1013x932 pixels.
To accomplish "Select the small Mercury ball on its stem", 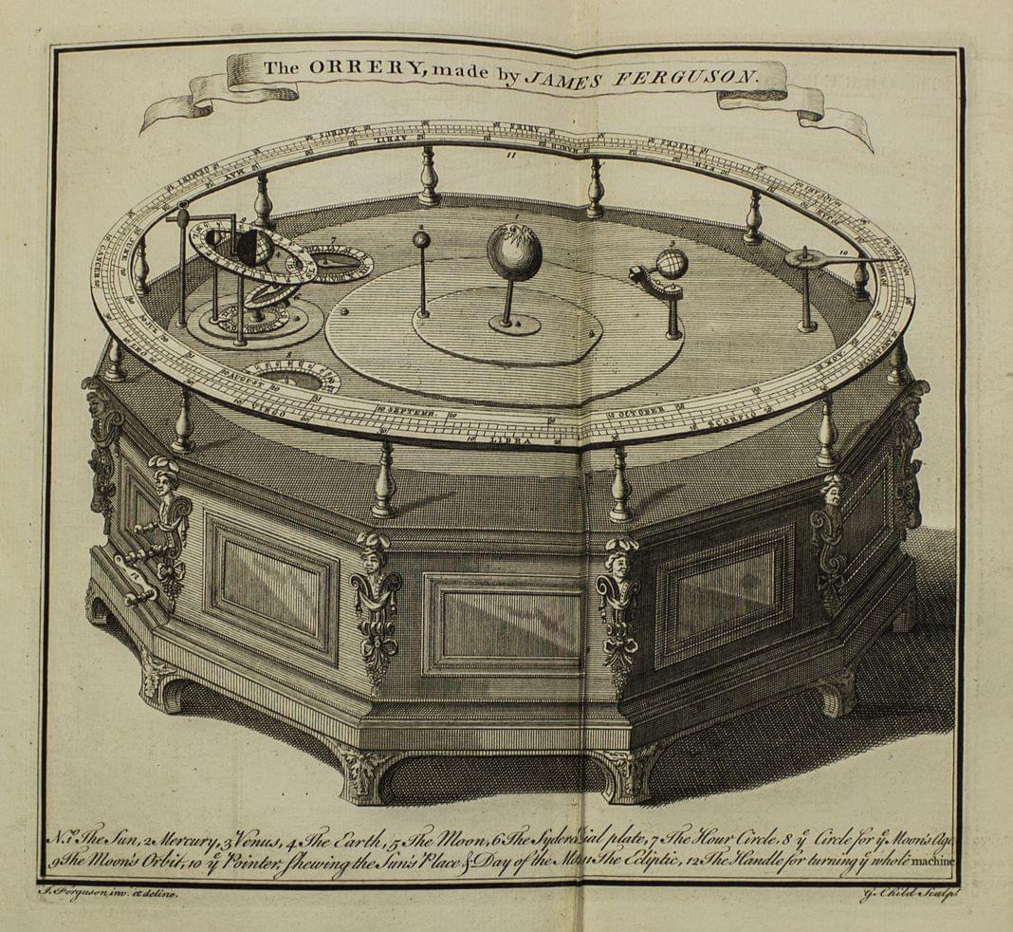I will (420, 241).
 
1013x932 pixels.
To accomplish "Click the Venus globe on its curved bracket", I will (672, 264).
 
